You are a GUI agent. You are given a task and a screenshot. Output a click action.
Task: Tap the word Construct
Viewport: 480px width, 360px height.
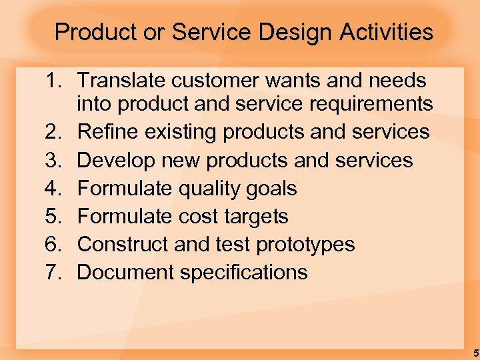pyautogui.click(x=123, y=245)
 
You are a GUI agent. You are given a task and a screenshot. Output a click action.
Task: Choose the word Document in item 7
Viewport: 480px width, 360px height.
pyautogui.click(x=125, y=273)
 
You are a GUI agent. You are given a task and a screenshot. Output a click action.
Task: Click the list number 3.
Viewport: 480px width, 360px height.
pyautogui.click(x=55, y=160)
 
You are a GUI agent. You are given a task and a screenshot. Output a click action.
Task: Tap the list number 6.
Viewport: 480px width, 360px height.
pyautogui.click(x=55, y=245)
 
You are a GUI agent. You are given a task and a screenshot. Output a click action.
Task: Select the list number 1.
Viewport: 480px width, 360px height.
pyautogui.click(x=55, y=81)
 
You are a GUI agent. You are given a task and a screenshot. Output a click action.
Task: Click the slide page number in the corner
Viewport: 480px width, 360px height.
pyautogui.click(x=475, y=353)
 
